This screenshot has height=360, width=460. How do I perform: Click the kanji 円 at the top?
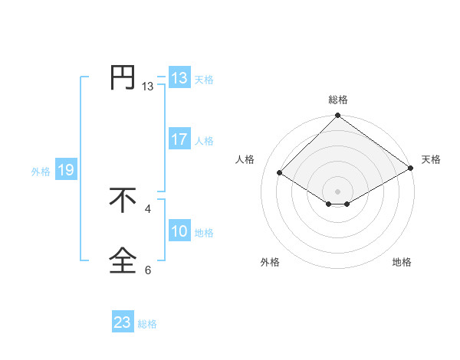pos(123,77)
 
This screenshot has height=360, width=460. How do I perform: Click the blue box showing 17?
pos(179,139)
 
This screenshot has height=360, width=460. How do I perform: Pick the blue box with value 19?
pos(66,170)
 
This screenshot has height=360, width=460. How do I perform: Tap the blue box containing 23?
pos(123,322)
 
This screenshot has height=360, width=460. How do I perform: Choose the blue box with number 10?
pos(179,231)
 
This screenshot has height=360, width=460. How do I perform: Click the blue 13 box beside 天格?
pos(179,78)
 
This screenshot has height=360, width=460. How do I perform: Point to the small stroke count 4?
pos(148,208)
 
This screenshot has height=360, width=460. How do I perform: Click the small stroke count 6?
pos(148,270)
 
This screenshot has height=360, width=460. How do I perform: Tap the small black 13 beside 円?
pos(148,87)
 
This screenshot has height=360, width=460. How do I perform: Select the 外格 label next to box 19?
pos(41,172)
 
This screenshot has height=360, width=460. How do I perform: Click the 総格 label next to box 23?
pos(147,324)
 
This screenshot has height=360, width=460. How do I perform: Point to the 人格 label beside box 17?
pos(204,141)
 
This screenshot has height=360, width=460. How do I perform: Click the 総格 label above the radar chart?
pos(338,100)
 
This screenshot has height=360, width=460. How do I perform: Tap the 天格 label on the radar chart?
pos(431,159)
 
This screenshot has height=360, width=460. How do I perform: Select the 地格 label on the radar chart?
pos(402,263)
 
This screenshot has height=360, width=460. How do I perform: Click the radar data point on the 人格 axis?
pos(281,173)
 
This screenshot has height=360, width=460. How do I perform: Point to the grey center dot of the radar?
pos(338,191)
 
